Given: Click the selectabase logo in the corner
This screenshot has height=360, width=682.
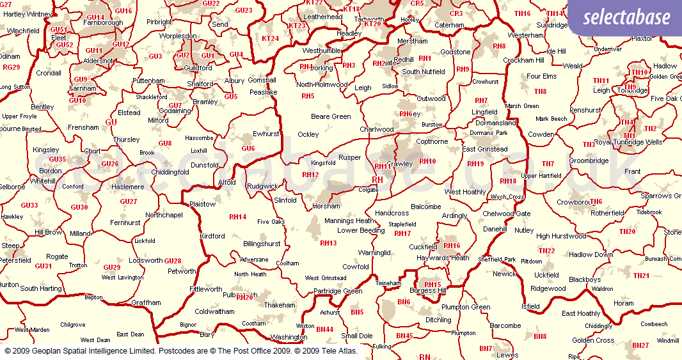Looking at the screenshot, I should click(625, 18).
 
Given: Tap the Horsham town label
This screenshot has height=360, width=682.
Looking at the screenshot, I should click(327, 207).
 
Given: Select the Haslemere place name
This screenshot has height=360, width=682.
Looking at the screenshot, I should click(129, 187).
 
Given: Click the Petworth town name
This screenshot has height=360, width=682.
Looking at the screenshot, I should click(182, 271).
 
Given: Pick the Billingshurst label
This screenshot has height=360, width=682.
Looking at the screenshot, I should click(262, 244).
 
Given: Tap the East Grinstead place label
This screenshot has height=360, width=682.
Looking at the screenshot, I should click(484, 149).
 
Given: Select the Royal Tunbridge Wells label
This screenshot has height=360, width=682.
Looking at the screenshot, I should click(628, 142).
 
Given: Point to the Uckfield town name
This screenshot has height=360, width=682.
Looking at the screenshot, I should click(546, 275).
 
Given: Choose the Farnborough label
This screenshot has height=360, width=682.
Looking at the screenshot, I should click(103, 23).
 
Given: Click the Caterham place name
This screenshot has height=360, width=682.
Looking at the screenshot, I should click(449, 26).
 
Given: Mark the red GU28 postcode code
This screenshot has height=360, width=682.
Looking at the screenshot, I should click(173, 261).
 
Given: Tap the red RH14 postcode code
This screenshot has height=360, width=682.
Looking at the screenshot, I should click(237, 217).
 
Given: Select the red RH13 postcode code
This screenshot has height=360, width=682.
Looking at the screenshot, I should click(328, 243).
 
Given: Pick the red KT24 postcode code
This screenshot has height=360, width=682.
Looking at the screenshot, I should click(270, 38).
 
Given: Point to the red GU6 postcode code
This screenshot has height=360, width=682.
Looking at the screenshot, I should click(248, 148).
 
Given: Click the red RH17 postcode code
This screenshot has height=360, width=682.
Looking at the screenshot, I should click(402, 233).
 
